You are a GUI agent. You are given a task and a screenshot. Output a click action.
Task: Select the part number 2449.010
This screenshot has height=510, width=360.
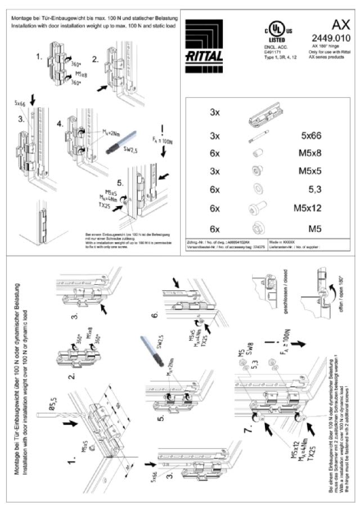point(331,38)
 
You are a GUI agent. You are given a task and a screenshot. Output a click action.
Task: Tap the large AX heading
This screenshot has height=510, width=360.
point(341,24)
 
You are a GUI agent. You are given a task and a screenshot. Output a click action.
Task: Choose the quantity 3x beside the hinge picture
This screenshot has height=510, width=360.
point(215,113)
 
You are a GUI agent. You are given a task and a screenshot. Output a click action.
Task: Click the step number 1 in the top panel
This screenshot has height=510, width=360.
point(38,57)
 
